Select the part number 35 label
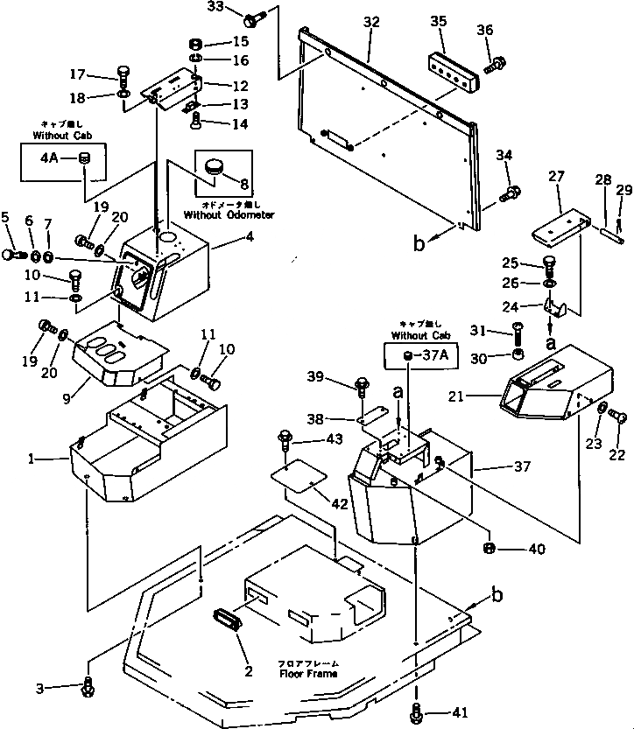pos(438,22)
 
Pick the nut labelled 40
pos(487,549)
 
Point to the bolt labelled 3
pos(87,688)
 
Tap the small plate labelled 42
pos(298,480)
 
